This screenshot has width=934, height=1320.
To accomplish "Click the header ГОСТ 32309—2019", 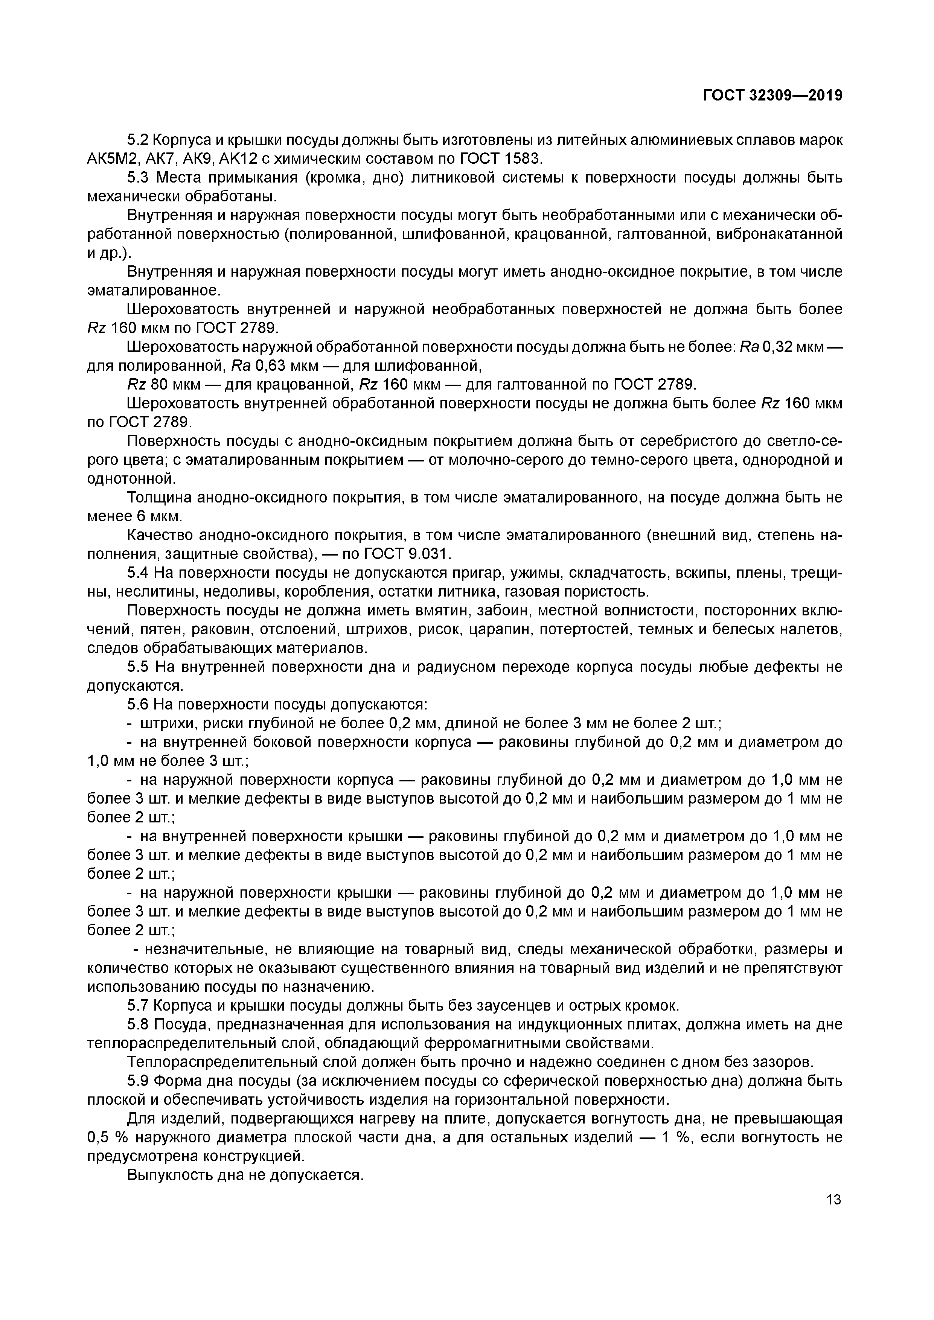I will click(x=772, y=96).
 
